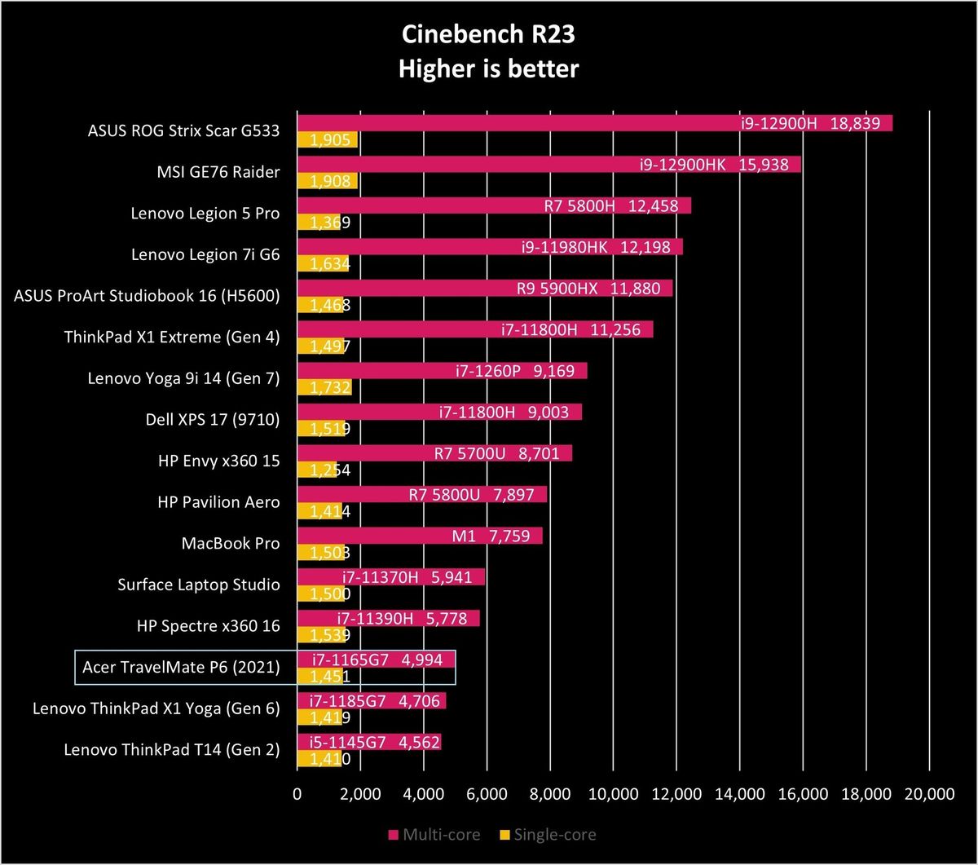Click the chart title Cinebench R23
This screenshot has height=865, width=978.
[488, 35]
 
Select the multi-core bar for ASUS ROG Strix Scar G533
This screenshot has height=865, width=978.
[595, 123]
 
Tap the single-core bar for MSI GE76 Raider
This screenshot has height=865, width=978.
[328, 181]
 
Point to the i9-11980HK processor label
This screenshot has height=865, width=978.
[564, 247]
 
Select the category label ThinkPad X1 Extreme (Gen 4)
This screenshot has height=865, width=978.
[172, 337]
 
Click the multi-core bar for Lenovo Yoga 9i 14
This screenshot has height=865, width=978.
[443, 371]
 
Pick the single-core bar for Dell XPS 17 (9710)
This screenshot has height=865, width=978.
[321, 428]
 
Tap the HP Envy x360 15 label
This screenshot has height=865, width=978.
[218, 461]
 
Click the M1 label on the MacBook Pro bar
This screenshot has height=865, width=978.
[464, 536]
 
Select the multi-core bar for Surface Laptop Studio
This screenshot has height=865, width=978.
[391, 577]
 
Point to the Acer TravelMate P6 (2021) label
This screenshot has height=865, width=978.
[181, 668]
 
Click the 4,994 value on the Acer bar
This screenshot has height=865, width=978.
[422, 660]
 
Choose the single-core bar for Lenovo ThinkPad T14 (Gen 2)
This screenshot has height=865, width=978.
[319, 758]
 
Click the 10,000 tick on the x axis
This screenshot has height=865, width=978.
[613, 794]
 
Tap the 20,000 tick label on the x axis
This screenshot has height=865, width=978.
[929, 794]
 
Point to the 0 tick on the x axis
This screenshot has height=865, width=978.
[297, 794]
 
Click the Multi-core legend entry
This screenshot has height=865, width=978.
[434, 835]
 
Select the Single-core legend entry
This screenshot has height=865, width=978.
[548, 835]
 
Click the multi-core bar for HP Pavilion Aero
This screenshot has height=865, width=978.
[422, 495]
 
